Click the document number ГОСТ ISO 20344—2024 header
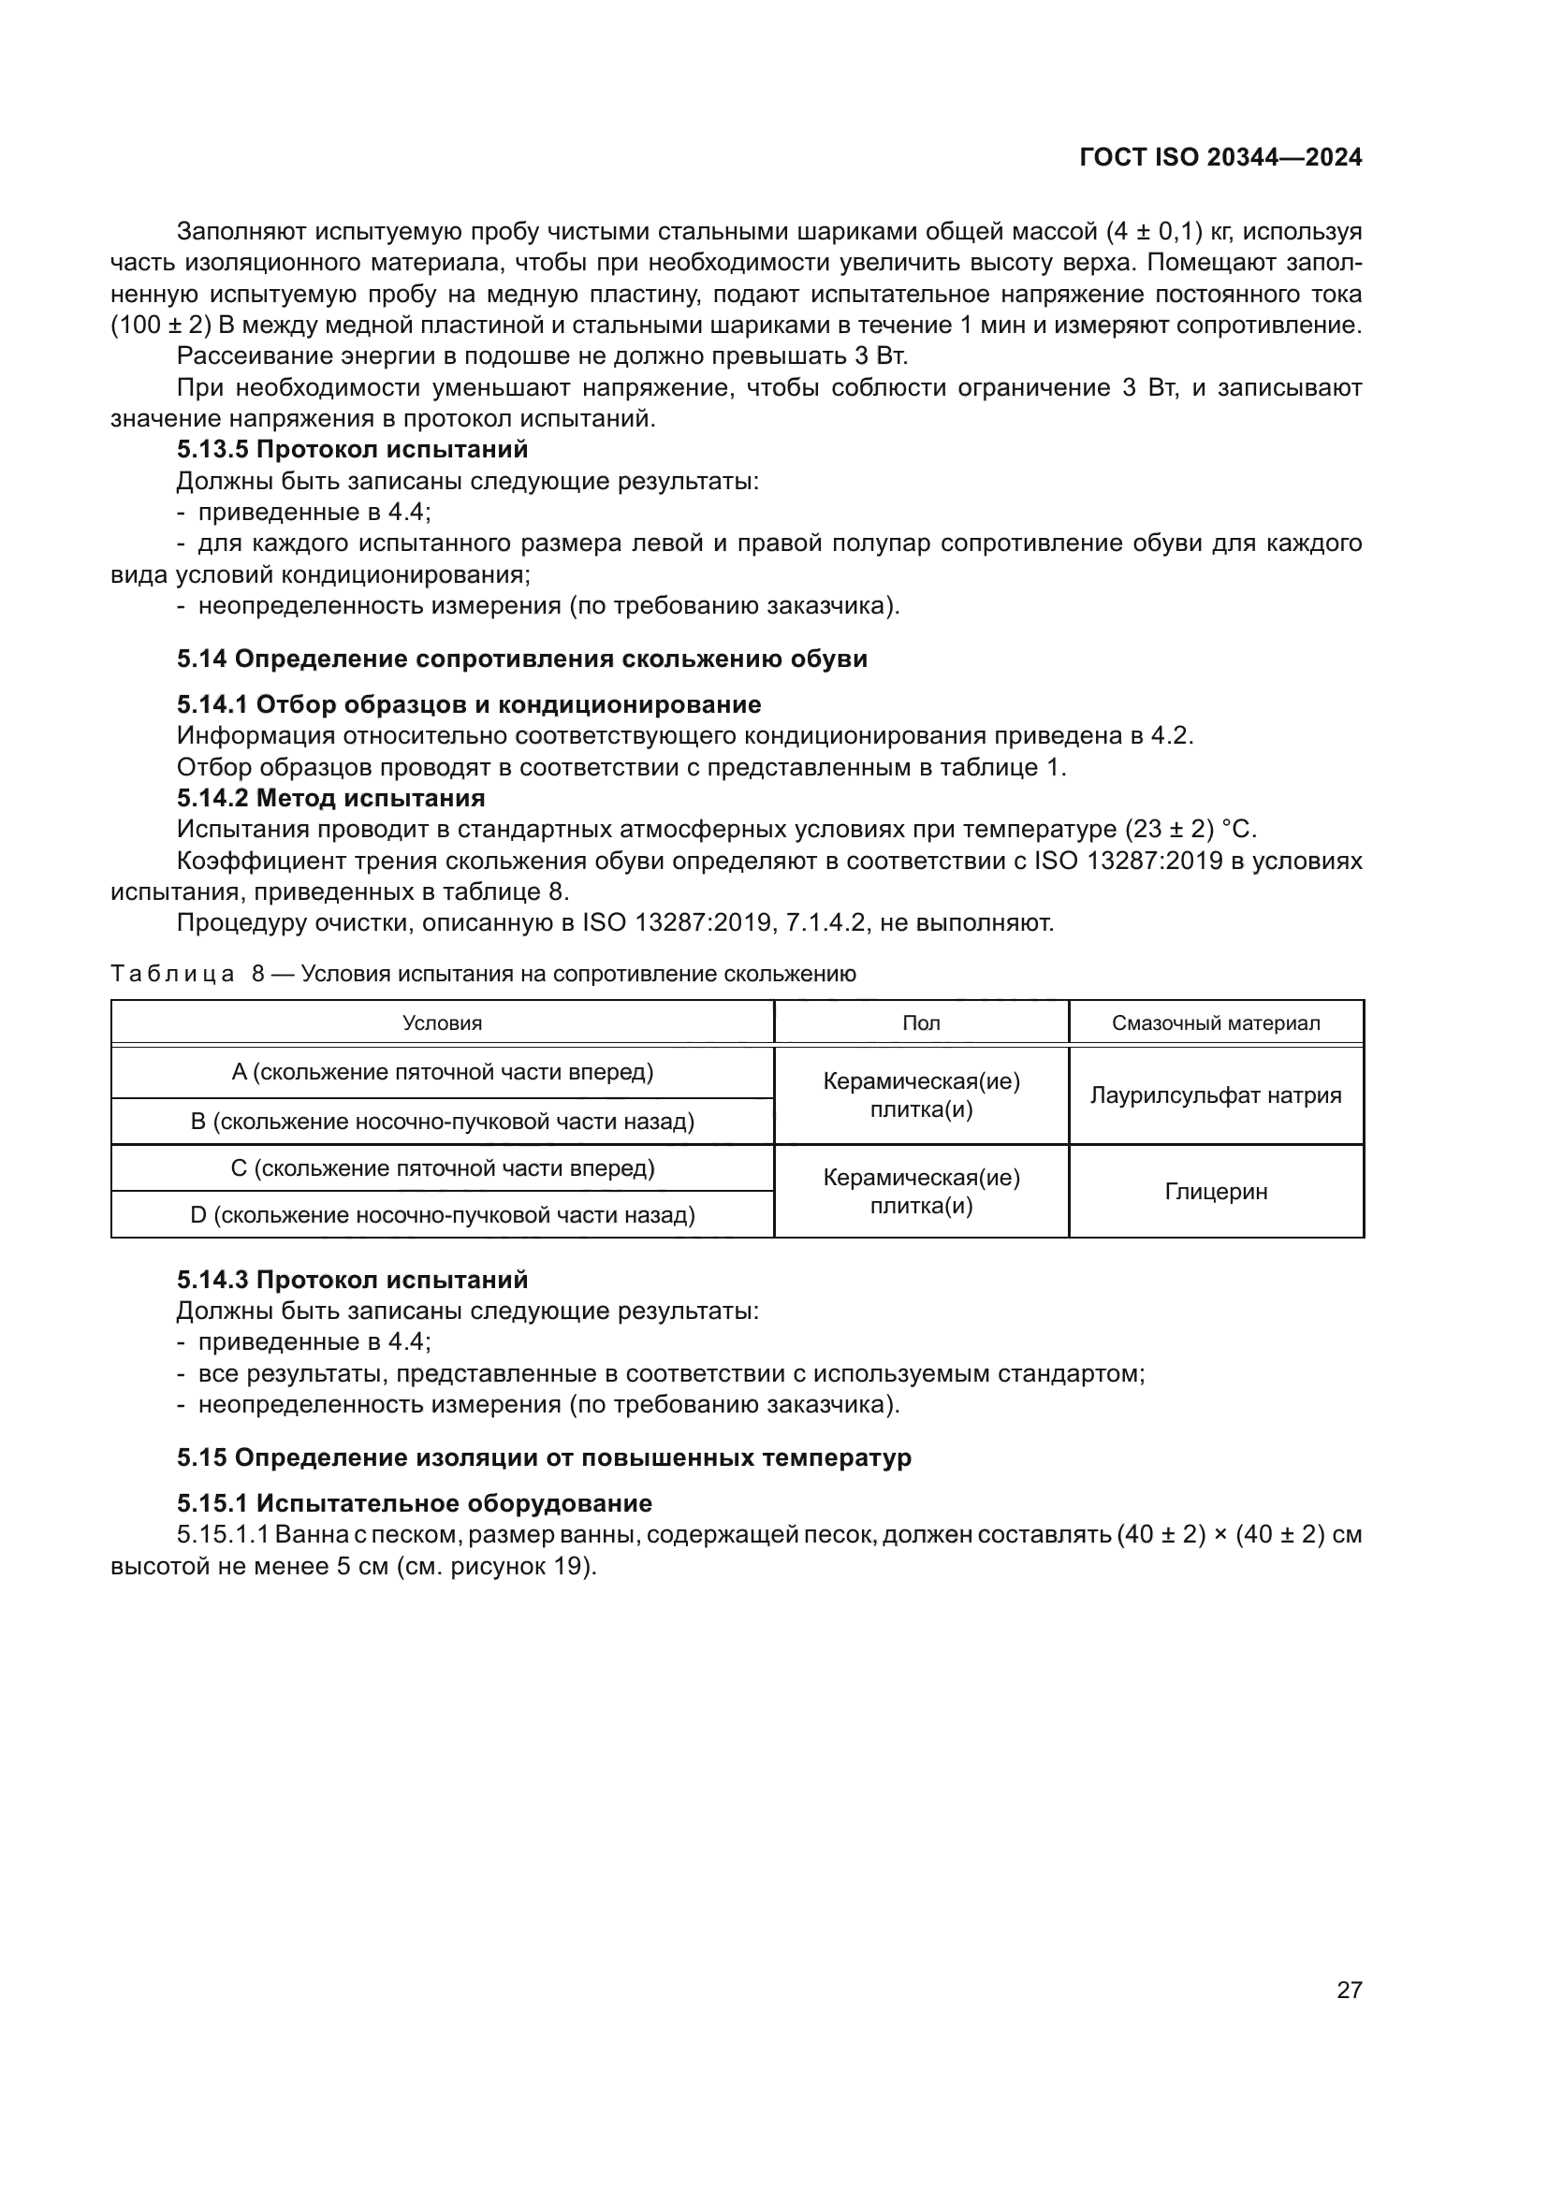(x=1220, y=157)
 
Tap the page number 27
(x=1349, y=1990)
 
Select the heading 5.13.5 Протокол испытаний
(x=352, y=449)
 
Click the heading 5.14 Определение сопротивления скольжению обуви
(x=521, y=659)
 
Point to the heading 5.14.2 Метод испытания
(x=330, y=797)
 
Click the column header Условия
(x=443, y=1022)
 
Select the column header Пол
(x=921, y=1022)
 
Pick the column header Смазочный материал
(x=1216, y=1022)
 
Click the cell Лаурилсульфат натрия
(x=1216, y=1095)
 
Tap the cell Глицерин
(x=1216, y=1191)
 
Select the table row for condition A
(x=443, y=1072)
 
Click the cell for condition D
(x=443, y=1215)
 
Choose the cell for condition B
(x=443, y=1121)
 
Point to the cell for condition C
(x=443, y=1167)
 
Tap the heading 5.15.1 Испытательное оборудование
(x=414, y=1503)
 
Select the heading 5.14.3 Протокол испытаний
(x=352, y=1279)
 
